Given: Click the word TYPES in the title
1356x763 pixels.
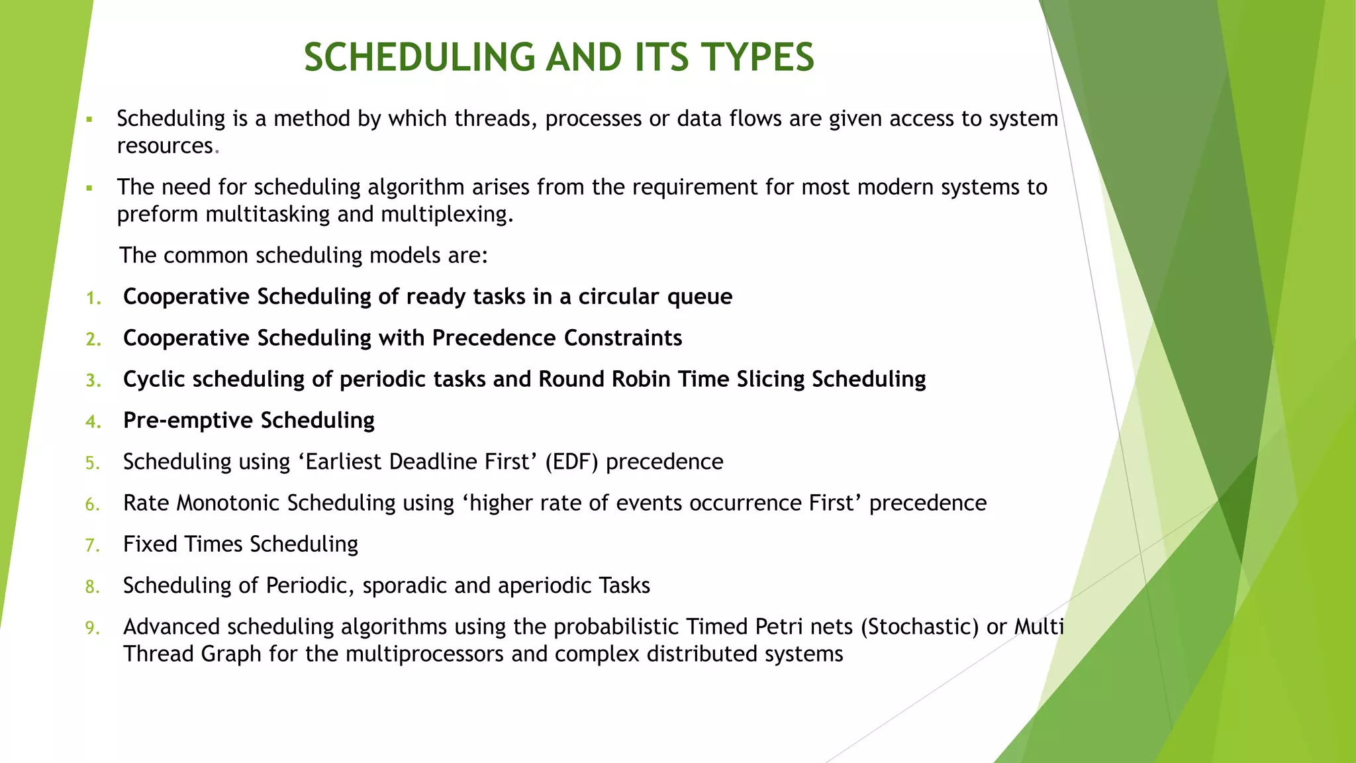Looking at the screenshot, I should click(x=757, y=58).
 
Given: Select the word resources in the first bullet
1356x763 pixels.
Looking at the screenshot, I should click(x=165, y=146).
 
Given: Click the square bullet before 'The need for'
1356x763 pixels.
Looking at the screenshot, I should click(x=89, y=188).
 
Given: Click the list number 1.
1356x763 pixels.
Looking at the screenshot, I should click(x=93, y=298).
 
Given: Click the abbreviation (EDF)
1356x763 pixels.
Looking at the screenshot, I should click(x=572, y=462).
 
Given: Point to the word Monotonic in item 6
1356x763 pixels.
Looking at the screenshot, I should click(x=228, y=503).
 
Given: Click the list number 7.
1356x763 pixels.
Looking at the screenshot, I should click(x=92, y=546).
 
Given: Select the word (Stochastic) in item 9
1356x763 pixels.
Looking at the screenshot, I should click(x=920, y=627).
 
